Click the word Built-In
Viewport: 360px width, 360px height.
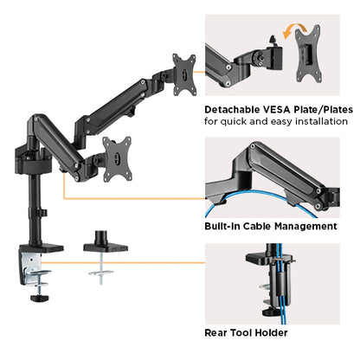223,226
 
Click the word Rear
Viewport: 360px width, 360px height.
218,331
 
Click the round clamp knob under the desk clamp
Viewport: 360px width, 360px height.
39,299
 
